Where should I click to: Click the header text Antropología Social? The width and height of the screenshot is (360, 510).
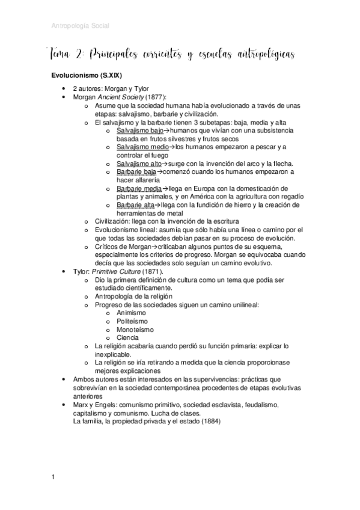[81, 25]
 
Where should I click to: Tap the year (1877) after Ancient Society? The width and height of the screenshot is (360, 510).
[156, 97]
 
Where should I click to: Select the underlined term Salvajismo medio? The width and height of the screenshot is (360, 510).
[142, 147]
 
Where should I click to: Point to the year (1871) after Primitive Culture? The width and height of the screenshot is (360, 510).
[152, 271]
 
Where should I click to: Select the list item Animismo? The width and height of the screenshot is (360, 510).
[132, 313]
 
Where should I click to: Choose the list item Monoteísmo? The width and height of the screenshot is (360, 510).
[135, 330]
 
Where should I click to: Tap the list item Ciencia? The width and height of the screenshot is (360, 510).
[128, 338]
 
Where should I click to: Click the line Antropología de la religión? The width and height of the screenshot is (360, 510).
[133, 296]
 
